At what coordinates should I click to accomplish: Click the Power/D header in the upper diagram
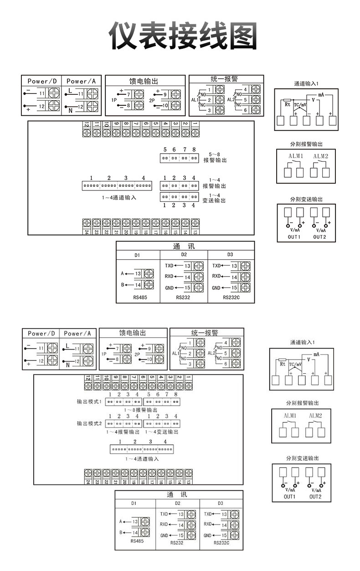[x=42, y=81]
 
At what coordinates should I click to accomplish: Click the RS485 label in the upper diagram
[x=137, y=298]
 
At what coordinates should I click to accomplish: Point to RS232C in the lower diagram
[x=221, y=543]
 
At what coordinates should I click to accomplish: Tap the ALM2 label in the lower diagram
[x=315, y=416]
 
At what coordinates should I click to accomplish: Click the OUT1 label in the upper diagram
[x=294, y=237]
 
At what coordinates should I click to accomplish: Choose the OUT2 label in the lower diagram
[x=315, y=496]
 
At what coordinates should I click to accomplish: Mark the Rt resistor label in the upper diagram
[x=288, y=104]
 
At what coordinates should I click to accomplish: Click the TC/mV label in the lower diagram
[x=295, y=365]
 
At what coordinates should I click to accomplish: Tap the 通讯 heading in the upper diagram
[x=184, y=246]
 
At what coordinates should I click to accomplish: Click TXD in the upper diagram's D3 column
[x=216, y=265]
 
